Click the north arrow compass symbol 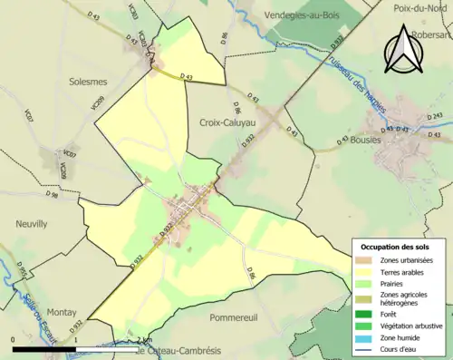[404, 51]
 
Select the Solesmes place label [88, 81]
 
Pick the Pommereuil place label [236, 318]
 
